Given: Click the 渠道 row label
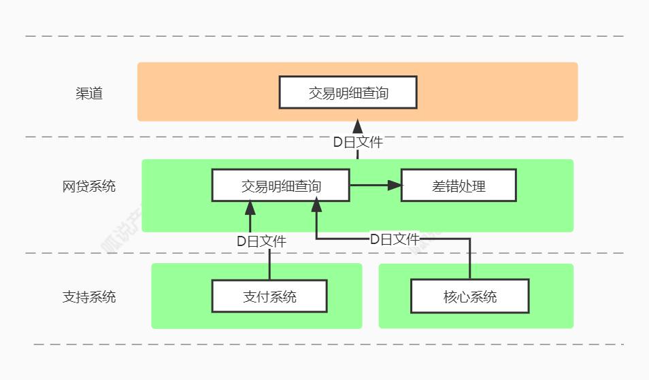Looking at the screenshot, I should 89,94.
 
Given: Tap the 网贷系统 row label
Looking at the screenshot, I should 89,186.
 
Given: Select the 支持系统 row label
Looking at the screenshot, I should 89,297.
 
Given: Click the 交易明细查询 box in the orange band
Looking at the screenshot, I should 348,92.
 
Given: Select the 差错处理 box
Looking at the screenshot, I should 459,186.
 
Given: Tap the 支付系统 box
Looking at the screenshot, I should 269,296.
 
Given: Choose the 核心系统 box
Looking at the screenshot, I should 470,296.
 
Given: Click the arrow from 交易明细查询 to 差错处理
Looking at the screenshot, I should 371,185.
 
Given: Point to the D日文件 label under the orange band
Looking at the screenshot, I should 357,143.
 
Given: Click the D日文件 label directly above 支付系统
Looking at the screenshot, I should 261,241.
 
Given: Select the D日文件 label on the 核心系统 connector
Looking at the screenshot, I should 395,239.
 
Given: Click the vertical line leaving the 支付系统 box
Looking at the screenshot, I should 269,265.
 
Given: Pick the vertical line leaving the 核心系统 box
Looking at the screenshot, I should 470,262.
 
